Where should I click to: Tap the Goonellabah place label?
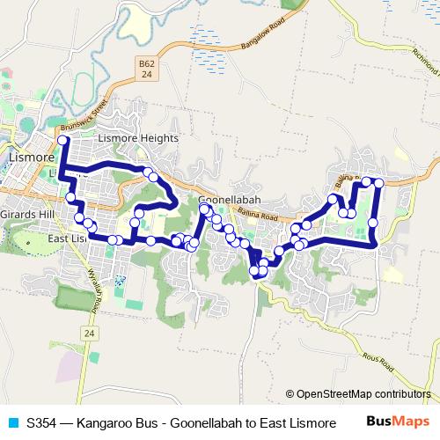pyautogui.click(x=226, y=200)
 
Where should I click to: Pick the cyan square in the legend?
pyautogui.click(x=12, y=422)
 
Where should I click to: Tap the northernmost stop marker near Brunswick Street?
pyautogui.click(x=62, y=141)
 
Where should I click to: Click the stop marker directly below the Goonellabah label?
pyautogui.click(x=204, y=209)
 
